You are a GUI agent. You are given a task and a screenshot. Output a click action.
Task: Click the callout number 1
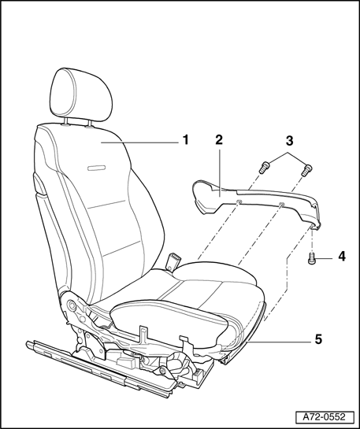[186, 140]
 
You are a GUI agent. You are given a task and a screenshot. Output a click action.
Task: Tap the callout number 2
[219, 140]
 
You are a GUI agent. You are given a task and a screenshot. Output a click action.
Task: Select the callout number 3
[289, 141]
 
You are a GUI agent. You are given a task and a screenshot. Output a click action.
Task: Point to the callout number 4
[342, 257]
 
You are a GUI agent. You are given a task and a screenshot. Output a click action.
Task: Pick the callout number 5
[318, 339]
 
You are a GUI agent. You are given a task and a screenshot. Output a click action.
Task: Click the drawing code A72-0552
[324, 417]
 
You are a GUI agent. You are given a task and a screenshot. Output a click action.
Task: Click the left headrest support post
[65, 122]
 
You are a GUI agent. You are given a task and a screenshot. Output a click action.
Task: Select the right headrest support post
[89, 124]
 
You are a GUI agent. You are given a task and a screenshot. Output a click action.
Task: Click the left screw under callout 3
[264, 168]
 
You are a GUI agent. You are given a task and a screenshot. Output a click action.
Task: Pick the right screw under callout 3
[307, 169]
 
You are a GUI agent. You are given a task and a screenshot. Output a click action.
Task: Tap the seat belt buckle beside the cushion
[173, 262]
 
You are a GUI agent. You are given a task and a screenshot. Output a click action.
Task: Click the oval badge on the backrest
[97, 168]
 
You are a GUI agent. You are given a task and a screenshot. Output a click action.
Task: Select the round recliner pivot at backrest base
[72, 305]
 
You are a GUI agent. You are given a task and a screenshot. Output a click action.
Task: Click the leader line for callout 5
[279, 342]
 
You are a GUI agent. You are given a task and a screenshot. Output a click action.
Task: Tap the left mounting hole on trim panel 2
[239, 202]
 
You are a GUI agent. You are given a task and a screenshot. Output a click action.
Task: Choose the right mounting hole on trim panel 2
[281, 204]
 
